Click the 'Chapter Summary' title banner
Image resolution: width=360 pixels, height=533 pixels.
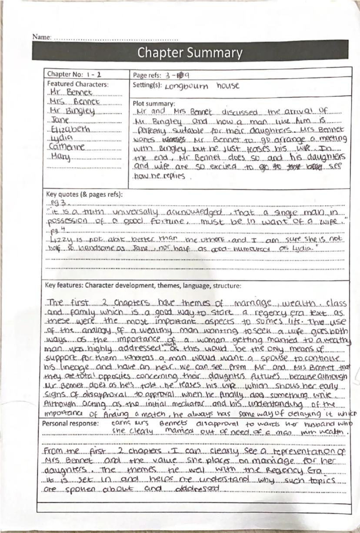coord(190,53)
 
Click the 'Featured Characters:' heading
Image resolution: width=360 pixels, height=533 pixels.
coord(78,84)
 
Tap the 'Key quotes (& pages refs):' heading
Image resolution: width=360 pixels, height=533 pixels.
coord(84,194)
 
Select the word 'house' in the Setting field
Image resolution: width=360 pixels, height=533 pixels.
coord(228,85)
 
